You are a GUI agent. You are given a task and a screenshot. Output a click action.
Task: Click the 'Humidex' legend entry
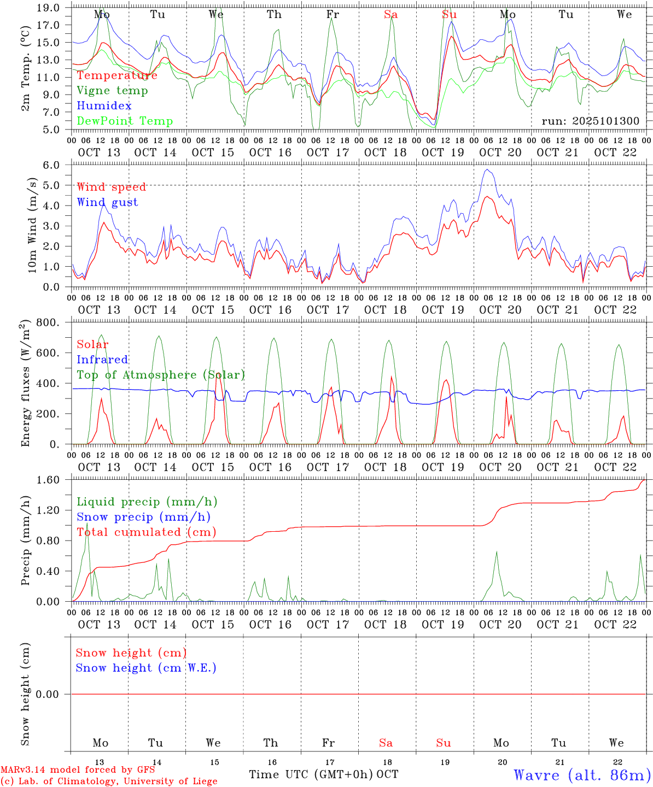[104, 105]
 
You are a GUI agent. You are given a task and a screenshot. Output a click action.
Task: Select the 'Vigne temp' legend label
[112, 90]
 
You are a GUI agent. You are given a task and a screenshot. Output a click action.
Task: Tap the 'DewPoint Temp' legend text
[125, 121]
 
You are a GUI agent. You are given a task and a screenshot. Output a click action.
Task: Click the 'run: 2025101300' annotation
[590, 121]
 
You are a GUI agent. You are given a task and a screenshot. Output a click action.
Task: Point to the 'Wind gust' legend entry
[107, 202]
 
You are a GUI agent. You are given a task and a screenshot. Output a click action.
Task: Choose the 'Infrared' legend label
[102, 360]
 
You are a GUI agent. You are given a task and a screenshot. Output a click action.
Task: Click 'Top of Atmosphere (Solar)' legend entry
[161, 375]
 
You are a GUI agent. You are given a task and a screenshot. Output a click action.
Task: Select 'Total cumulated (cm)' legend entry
[147, 532]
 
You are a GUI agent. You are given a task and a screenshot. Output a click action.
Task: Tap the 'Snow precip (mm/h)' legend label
[143, 517]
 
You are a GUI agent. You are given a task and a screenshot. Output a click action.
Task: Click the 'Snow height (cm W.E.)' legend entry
[146, 668]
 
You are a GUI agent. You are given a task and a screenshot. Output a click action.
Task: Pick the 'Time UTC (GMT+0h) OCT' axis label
[323, 774]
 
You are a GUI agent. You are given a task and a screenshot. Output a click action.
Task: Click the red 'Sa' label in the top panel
[390, 15]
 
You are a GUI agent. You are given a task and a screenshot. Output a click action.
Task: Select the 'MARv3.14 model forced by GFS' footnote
[78, 770]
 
